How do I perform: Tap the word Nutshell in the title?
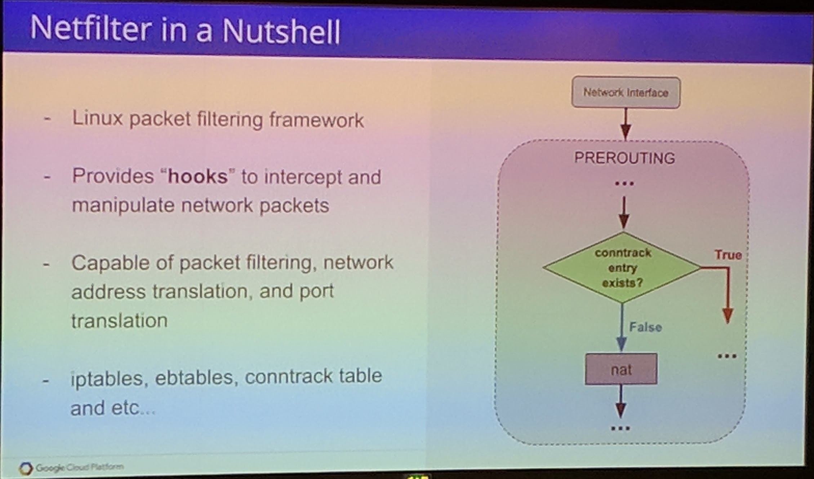[x=281, y=31]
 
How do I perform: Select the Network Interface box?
[x=626, y=92]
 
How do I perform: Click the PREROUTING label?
[x=624, y=158]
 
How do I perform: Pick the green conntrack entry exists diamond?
[x=622, y=268]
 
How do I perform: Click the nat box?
[x=621, y=369]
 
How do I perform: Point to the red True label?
[x=728, y=255]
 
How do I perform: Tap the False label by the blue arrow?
[x=645, y=327]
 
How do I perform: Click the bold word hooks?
[x=198, y=176]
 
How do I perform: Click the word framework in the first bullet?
[x=316, y=120]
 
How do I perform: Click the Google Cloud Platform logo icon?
[x=26, y=468]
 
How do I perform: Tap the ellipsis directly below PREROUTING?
[x=624, y=184]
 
